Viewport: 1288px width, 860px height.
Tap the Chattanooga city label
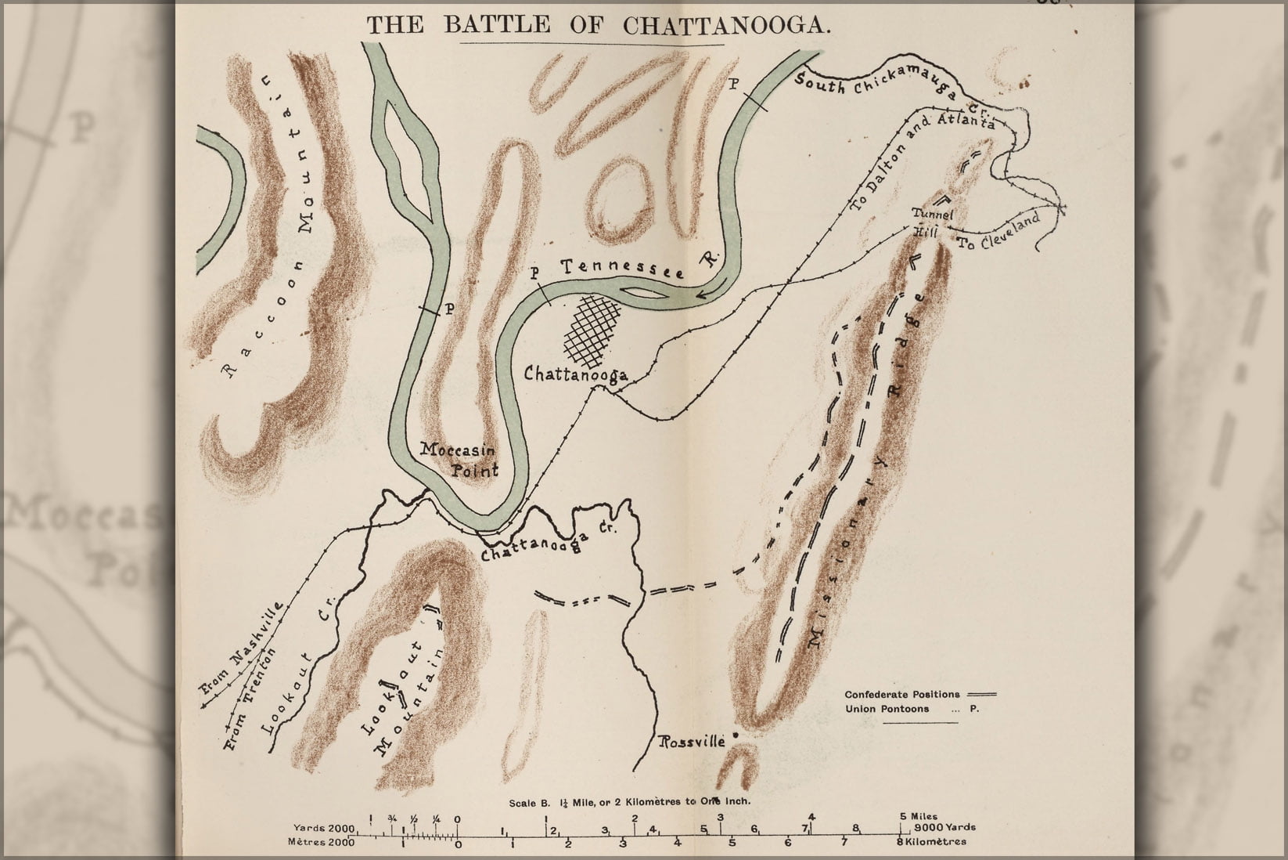click(x=576, y=374)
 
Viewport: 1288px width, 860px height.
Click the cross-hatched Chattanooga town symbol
click(x=597, y=327)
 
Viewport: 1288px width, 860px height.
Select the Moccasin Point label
click(x=459, y=461)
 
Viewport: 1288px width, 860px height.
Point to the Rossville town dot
click(x=736, y=734)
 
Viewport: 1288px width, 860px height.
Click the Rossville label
click(x=693, y=740)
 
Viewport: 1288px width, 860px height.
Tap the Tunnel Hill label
click(x=931, y=222)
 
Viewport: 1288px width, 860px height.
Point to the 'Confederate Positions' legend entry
click(x=901, y=694)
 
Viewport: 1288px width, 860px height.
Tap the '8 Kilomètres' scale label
click(x=933, y=842)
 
